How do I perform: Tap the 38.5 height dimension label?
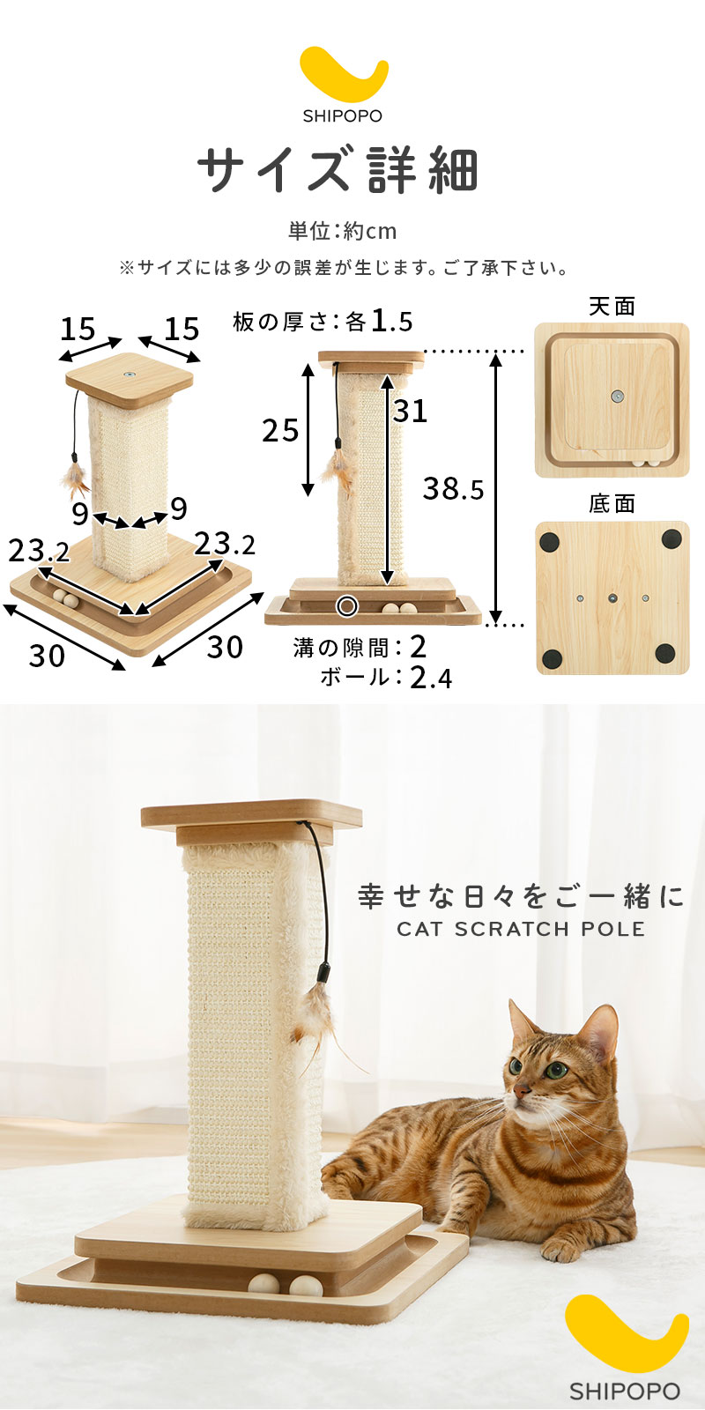pyautogui.click(x=453, y=488)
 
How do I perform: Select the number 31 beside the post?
pyautogui.click(x=411, y=411)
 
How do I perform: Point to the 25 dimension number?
pyautogui.click(x=281, y=431)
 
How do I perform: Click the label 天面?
pyautogui.click(x=612, y=307)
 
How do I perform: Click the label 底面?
pyautogui.click(x=612, y=503)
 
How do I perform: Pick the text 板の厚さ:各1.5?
pyautogui.click(x=323, y=322)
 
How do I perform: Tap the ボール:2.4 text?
pyautogui.click(x=386, y=678)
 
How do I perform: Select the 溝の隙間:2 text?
pyautogui.click(x=360, y=647)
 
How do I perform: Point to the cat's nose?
pyautogui.click(x=522, y=1089)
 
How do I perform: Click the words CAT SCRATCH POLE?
pyautogui.click(x=521, y=929)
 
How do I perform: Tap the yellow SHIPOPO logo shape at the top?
pyautogui.click(x=343, y=76)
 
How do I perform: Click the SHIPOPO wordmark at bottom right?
pyautogui.click(x=625, y=1391)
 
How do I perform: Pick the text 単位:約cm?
pyautogui.click(x=343, y=231)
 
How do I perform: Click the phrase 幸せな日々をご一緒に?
pyautogui.click(x=521, y=896)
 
